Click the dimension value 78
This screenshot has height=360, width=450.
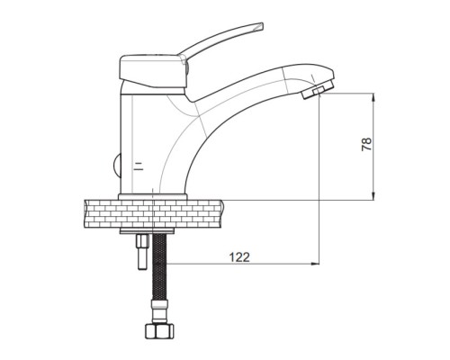366,144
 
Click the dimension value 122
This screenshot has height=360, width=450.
239,257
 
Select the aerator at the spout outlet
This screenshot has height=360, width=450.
318,90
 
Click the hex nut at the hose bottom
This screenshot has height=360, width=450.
160,330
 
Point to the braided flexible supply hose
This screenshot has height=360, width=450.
160,267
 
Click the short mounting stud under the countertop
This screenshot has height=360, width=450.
142,252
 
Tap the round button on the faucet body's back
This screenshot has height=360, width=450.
117,166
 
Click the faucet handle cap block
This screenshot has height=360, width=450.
152,71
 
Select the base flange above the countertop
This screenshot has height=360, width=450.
153,197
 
